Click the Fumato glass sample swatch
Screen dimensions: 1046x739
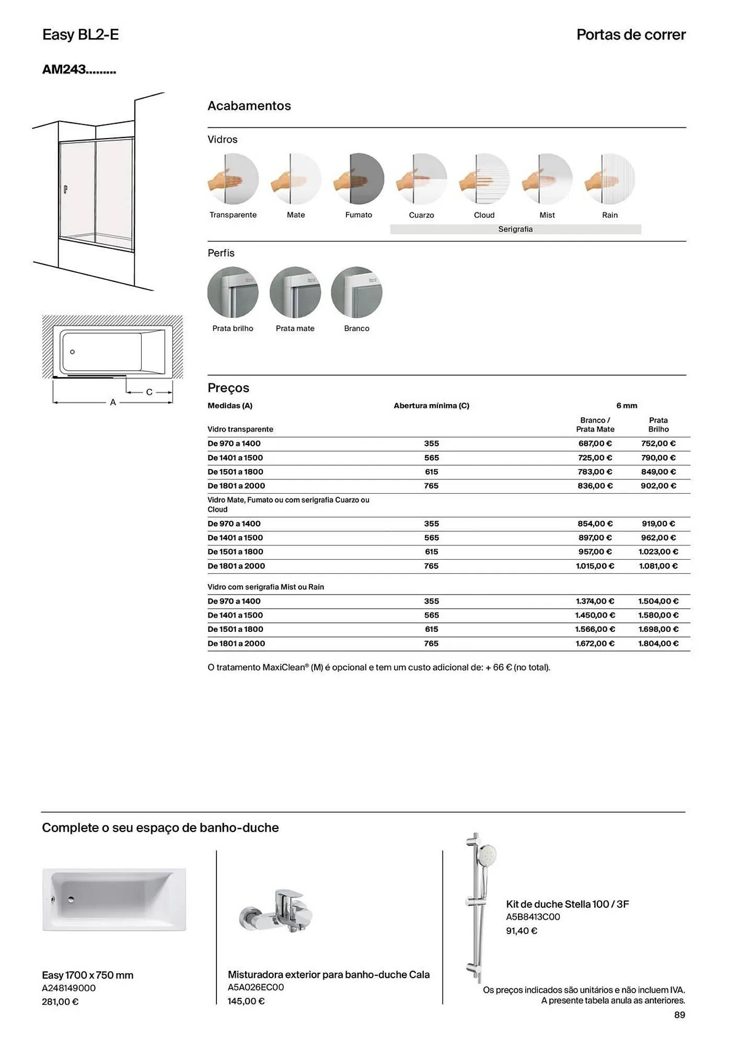(359, 179)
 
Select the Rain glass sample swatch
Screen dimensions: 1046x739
(609, 179)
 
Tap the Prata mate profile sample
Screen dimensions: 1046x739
(295, 292)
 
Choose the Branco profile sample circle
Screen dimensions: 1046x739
(357, 292)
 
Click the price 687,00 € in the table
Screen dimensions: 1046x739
(595, 444)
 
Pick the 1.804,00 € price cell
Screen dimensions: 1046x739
(658, 644)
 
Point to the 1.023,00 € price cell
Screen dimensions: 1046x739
(658, 552)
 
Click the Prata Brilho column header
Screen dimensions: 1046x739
(659, 425)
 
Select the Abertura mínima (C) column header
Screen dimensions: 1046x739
(431, 406)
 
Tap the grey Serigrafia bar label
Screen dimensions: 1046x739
(515, 229)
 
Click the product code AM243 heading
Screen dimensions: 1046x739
(79, 70)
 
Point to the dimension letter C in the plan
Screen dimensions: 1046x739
(149, 392)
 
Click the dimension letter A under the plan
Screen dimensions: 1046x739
(113, 403)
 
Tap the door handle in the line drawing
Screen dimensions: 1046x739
(65, 189)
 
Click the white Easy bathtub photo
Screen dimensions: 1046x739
(114, 900)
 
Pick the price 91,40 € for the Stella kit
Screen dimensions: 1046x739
(521, 931)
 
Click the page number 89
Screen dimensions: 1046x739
(679, 1015)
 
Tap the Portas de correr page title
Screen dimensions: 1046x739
(631, 35)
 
